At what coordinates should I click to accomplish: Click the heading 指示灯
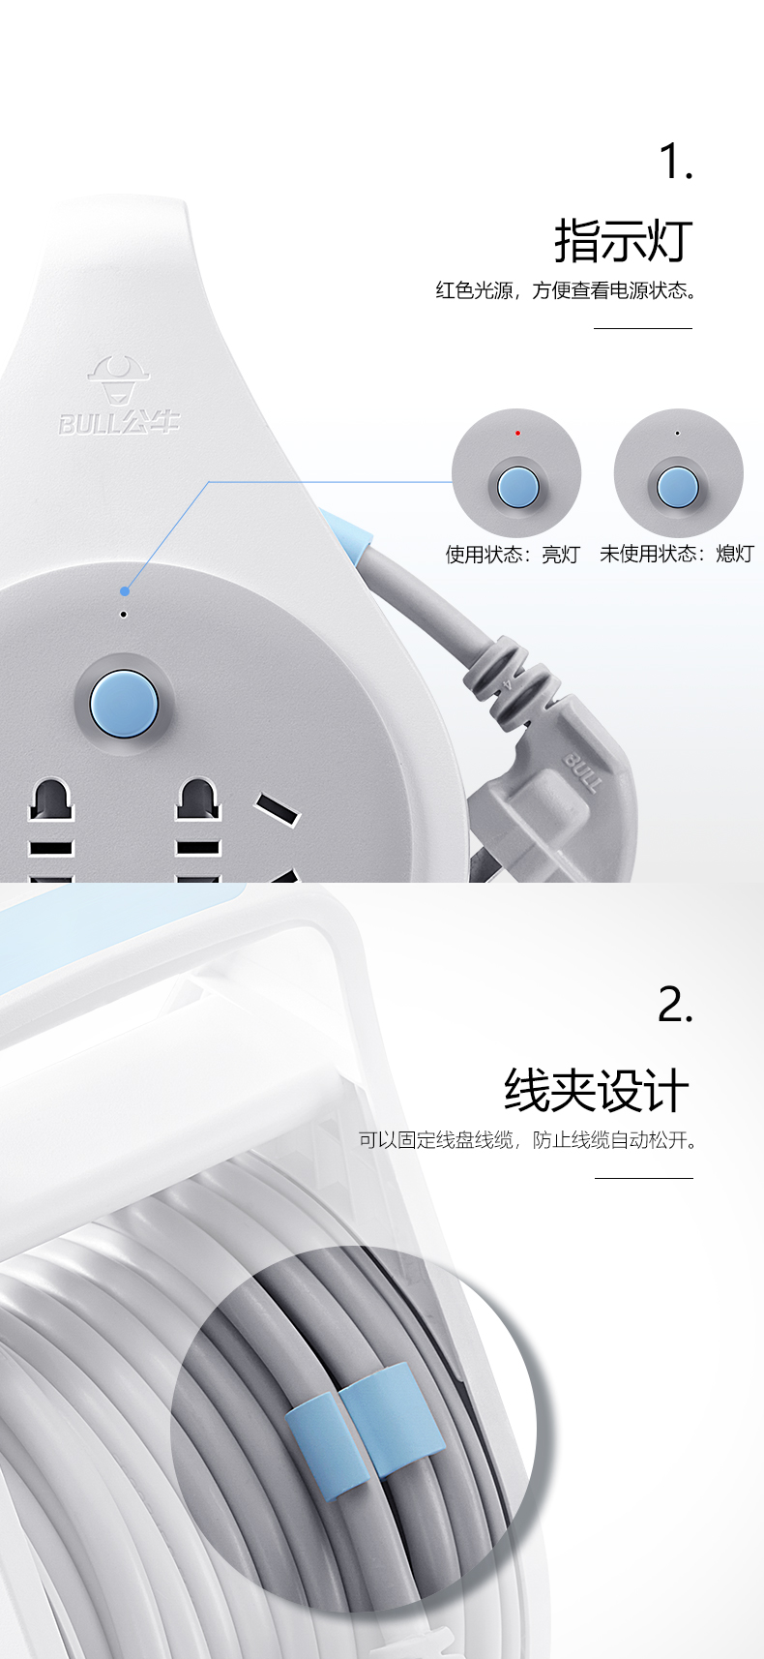point(624,241)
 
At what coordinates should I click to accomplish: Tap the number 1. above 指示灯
point(676,162)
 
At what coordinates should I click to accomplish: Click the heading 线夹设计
point(597,1090)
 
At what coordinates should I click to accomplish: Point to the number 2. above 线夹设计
point(675,1005)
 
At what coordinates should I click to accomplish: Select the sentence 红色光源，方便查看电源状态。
point(567,290)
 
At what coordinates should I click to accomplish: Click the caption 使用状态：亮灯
point(513,554)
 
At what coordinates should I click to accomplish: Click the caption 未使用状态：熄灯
point(677,554)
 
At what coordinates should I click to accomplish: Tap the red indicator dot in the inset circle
point(517,434)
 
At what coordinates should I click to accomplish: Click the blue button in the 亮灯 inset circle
point(517,487)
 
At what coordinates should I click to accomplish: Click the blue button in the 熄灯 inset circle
point(677,487)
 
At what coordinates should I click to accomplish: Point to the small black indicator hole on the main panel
point(123,614)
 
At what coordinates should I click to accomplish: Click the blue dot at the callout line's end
point(125,591)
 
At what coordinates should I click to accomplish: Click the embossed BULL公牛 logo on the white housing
point(119,396)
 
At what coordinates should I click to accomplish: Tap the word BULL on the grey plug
point(582,771)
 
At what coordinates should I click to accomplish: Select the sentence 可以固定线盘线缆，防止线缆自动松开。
point(528,1140)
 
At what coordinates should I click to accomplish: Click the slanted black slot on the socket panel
point(278,809)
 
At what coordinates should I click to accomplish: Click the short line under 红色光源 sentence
point(642,328)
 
